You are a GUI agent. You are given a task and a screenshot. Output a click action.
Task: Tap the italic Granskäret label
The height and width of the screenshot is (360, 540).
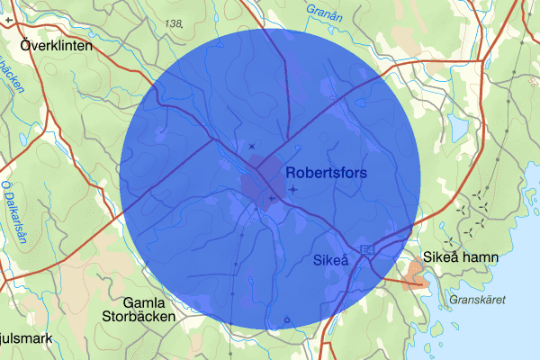[479, 300]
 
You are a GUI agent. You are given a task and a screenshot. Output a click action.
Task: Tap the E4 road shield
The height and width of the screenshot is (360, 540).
[367, 248]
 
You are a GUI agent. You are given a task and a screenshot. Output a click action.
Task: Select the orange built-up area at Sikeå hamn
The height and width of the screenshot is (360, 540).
[416, 274]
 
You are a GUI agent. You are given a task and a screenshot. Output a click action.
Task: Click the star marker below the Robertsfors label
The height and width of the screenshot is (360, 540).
[294, 189]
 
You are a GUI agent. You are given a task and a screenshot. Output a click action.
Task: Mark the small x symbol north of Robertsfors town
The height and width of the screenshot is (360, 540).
[252, 146]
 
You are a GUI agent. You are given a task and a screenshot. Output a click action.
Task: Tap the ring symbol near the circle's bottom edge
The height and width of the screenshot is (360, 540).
[287, 319]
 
